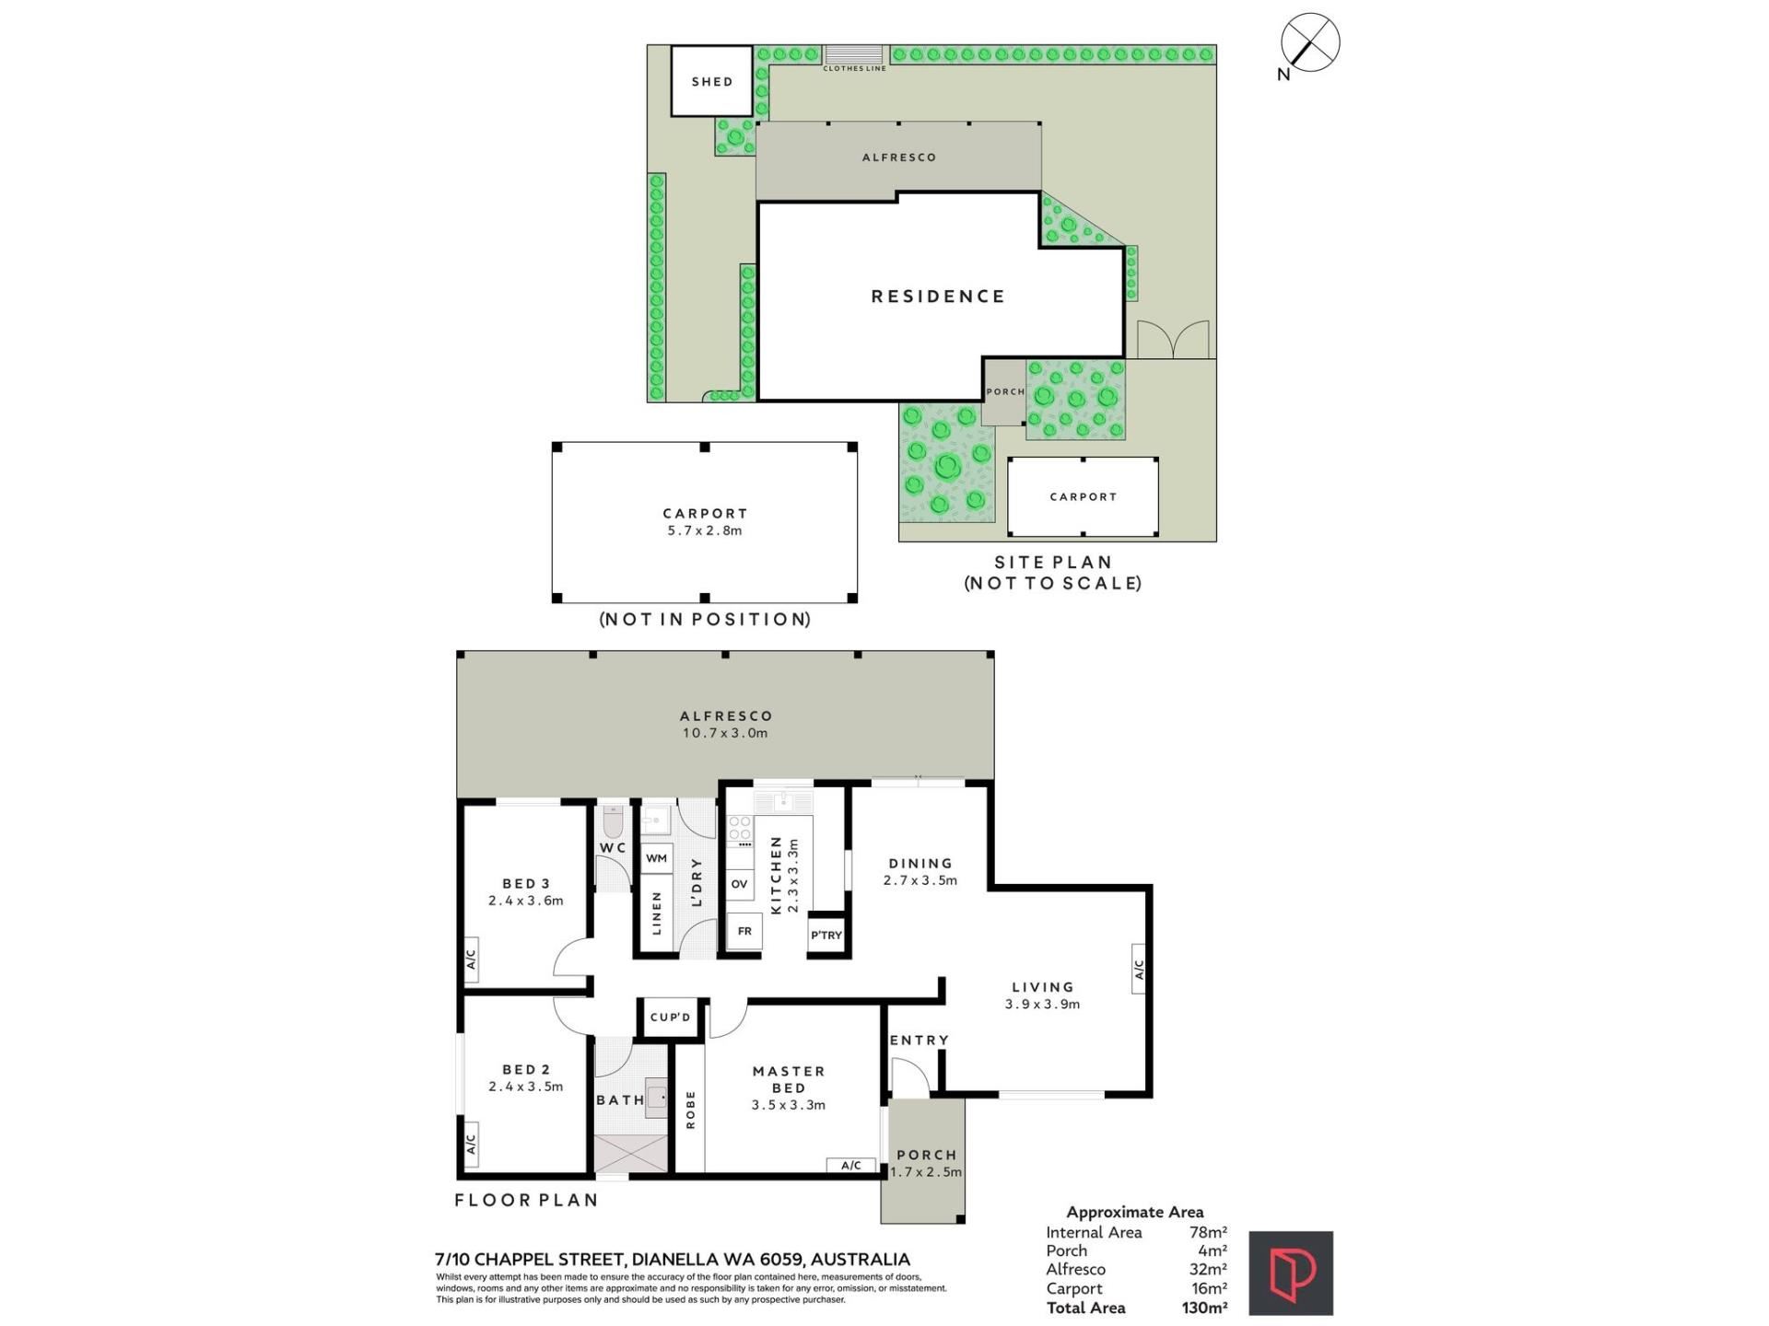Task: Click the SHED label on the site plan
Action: pos(712,82)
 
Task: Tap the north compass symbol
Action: pos(1310,42)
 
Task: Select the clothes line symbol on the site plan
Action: pos(853,53)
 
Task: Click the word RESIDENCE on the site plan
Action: pos(938,297)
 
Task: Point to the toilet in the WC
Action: pos(614,821)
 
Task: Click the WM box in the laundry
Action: pos(656,858)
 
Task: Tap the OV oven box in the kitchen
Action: pos(739,884)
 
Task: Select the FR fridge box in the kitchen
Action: pos(744,931)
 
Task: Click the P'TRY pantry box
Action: pos(826,935)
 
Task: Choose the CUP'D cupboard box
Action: pos(671,1018)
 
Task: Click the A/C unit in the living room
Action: pos(1139,970)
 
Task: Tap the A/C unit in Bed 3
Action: pos(471,960)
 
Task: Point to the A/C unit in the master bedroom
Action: pos(851,1166)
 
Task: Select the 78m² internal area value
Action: pos(1208,1232)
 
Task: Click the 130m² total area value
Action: pos(1204,1308)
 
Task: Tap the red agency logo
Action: pos(1291,1274)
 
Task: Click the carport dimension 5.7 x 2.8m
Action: pos(705,530)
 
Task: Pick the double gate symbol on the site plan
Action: pos(1172,339)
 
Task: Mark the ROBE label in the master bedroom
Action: pos(691,1110)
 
